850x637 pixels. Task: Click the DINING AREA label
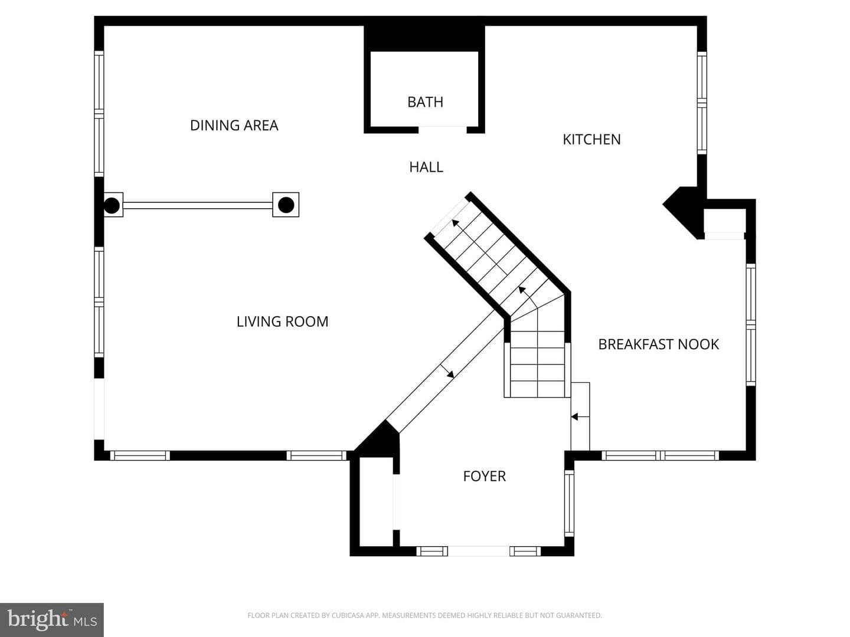coord(234,125)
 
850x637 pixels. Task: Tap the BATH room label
coord(425,102)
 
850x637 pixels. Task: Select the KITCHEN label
coord(591,139)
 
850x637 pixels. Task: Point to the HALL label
coord(426,167)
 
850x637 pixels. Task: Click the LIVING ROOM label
coord(282,321)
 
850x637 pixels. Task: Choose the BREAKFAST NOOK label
coord(658,344)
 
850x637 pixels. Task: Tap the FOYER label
coord(485,476)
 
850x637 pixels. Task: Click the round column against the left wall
coord(112,205)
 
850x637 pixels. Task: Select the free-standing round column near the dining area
coord(286,205)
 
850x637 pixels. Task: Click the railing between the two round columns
coord(198,205)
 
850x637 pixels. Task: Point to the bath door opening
coord(443,130)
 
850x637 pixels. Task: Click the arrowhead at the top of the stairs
coord(455,223)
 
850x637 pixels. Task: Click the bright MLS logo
coord(51,619)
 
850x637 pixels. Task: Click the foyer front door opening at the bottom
coord(479,551)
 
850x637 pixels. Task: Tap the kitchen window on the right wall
coord(702,103)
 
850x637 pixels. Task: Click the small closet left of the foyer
coord(377,501)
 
